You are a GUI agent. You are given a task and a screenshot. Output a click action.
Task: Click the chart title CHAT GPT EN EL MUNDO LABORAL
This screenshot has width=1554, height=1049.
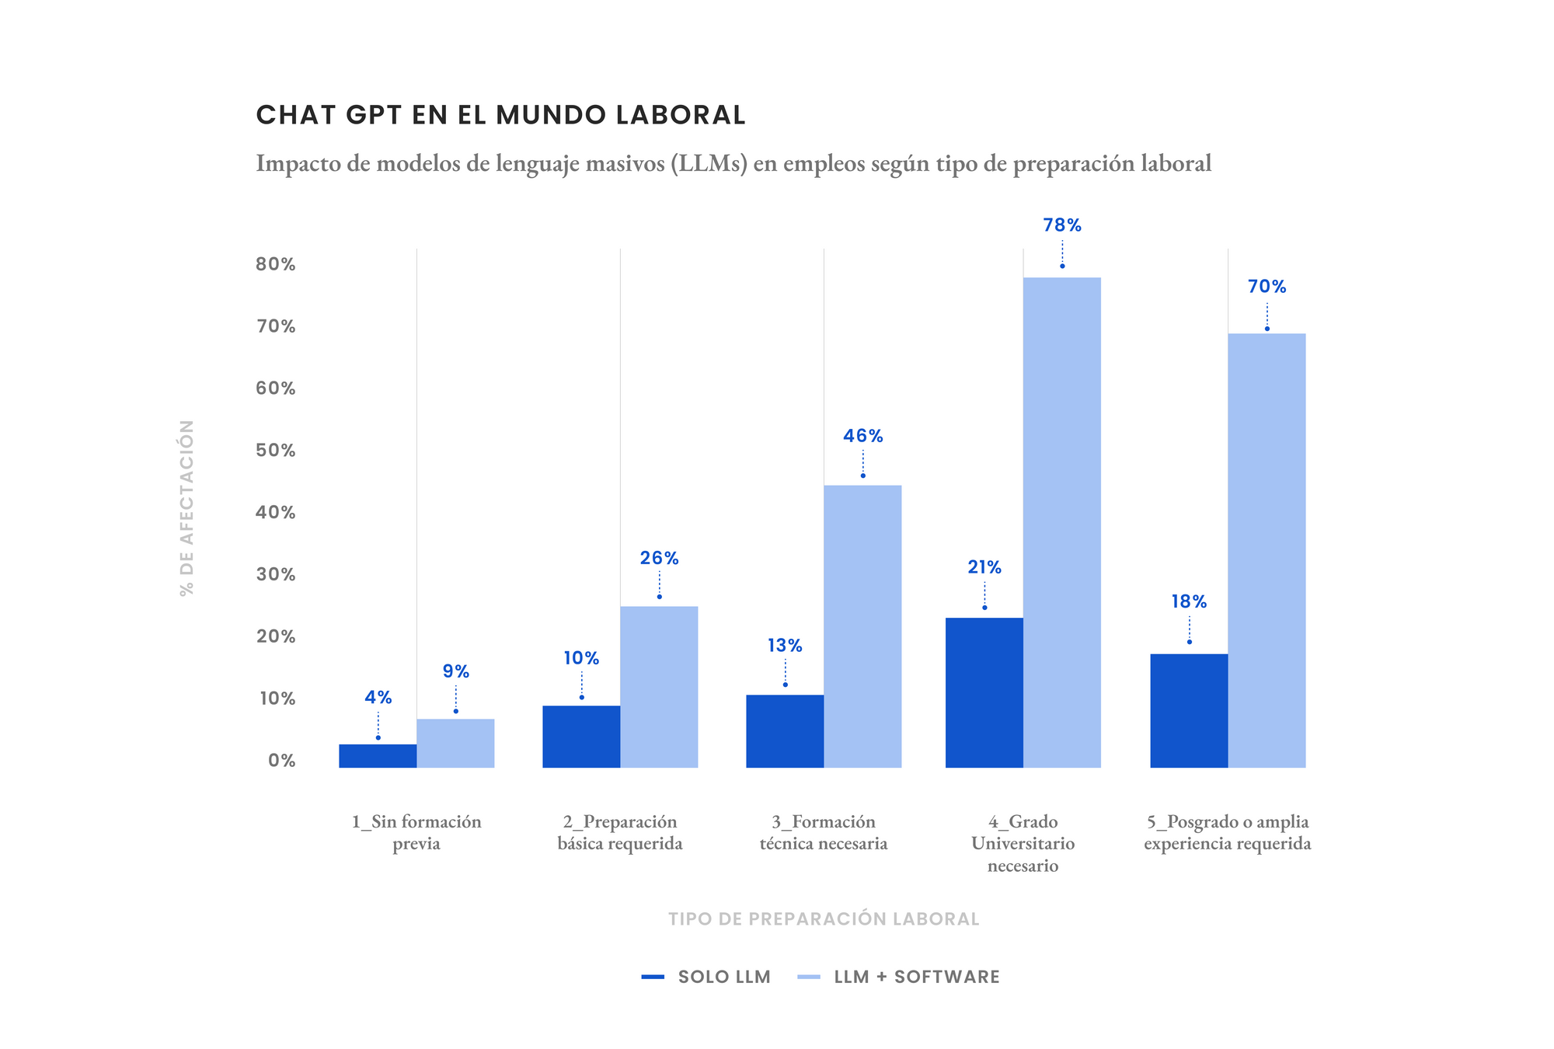click(500, 115)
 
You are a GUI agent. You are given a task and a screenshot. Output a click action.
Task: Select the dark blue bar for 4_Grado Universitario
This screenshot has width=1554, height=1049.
click(984, 692)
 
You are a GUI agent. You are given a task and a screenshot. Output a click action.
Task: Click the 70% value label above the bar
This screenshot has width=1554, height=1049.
click(1267, 287)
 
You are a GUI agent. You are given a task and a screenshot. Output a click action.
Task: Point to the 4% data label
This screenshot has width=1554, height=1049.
click(378, 698)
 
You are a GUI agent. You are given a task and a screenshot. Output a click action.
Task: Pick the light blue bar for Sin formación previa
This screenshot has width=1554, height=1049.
click(455, 743)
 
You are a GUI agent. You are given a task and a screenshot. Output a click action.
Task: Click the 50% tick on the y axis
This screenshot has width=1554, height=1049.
click(276, 451)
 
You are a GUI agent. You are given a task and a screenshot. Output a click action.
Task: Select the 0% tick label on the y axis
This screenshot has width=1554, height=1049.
click(281, 761)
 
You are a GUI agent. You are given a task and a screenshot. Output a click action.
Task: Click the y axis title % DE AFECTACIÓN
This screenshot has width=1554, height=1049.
click(186, 508)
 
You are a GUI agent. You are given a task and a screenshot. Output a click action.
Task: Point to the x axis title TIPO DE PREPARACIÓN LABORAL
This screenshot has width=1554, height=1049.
click(824, 919)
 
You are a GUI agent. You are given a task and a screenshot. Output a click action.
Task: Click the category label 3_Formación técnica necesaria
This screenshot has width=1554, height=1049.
click(824, 832)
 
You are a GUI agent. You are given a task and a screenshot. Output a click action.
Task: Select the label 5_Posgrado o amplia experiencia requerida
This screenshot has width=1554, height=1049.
click(1227, 832)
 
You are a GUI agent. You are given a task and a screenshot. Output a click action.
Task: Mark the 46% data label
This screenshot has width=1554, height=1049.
click(862, 436)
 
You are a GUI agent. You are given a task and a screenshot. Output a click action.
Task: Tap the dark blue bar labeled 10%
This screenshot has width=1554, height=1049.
click(581, 736)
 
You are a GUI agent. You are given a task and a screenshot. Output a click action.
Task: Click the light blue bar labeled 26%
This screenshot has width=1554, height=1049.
click(659, 687)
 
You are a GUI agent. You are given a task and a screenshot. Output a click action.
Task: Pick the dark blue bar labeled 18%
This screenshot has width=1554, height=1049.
click(1189, 710)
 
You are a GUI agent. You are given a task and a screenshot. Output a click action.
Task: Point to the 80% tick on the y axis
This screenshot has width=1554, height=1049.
click(276, 264)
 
